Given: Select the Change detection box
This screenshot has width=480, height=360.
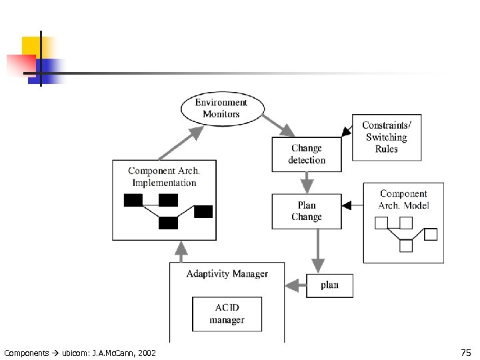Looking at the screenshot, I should [x=307, y=154].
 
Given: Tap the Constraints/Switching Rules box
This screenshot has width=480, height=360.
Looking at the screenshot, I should [x=386, y=137].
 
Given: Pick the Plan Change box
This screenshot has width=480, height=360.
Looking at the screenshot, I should [x=307, y=211].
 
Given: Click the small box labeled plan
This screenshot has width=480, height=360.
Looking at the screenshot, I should [x=329, y=285].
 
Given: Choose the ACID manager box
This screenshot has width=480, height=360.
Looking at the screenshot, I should [x=227, y=314].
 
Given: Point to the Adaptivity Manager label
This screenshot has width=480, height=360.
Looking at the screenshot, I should [x=227, y=273].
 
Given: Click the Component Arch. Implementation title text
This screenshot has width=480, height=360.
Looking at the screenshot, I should [x=164, y=177].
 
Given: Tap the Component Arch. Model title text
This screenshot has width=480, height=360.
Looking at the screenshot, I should [x=403, y=199].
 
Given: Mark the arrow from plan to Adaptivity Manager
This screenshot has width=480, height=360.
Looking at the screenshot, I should [x=295, y=286].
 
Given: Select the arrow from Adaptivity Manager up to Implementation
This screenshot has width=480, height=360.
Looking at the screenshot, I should [x=180, y=251].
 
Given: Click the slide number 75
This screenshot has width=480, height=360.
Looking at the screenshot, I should [x=465, y=352].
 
